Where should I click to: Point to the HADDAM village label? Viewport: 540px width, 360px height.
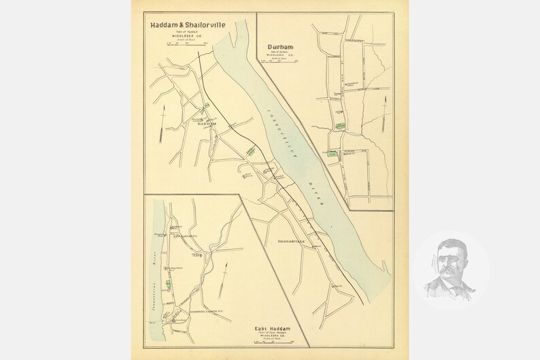(x=205, y=125)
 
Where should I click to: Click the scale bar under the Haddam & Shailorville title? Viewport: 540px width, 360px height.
(x=186, y=44)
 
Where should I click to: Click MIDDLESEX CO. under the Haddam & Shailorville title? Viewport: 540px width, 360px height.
(x=186, y=35)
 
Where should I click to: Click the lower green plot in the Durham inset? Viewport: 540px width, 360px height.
(x=333, y=154)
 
